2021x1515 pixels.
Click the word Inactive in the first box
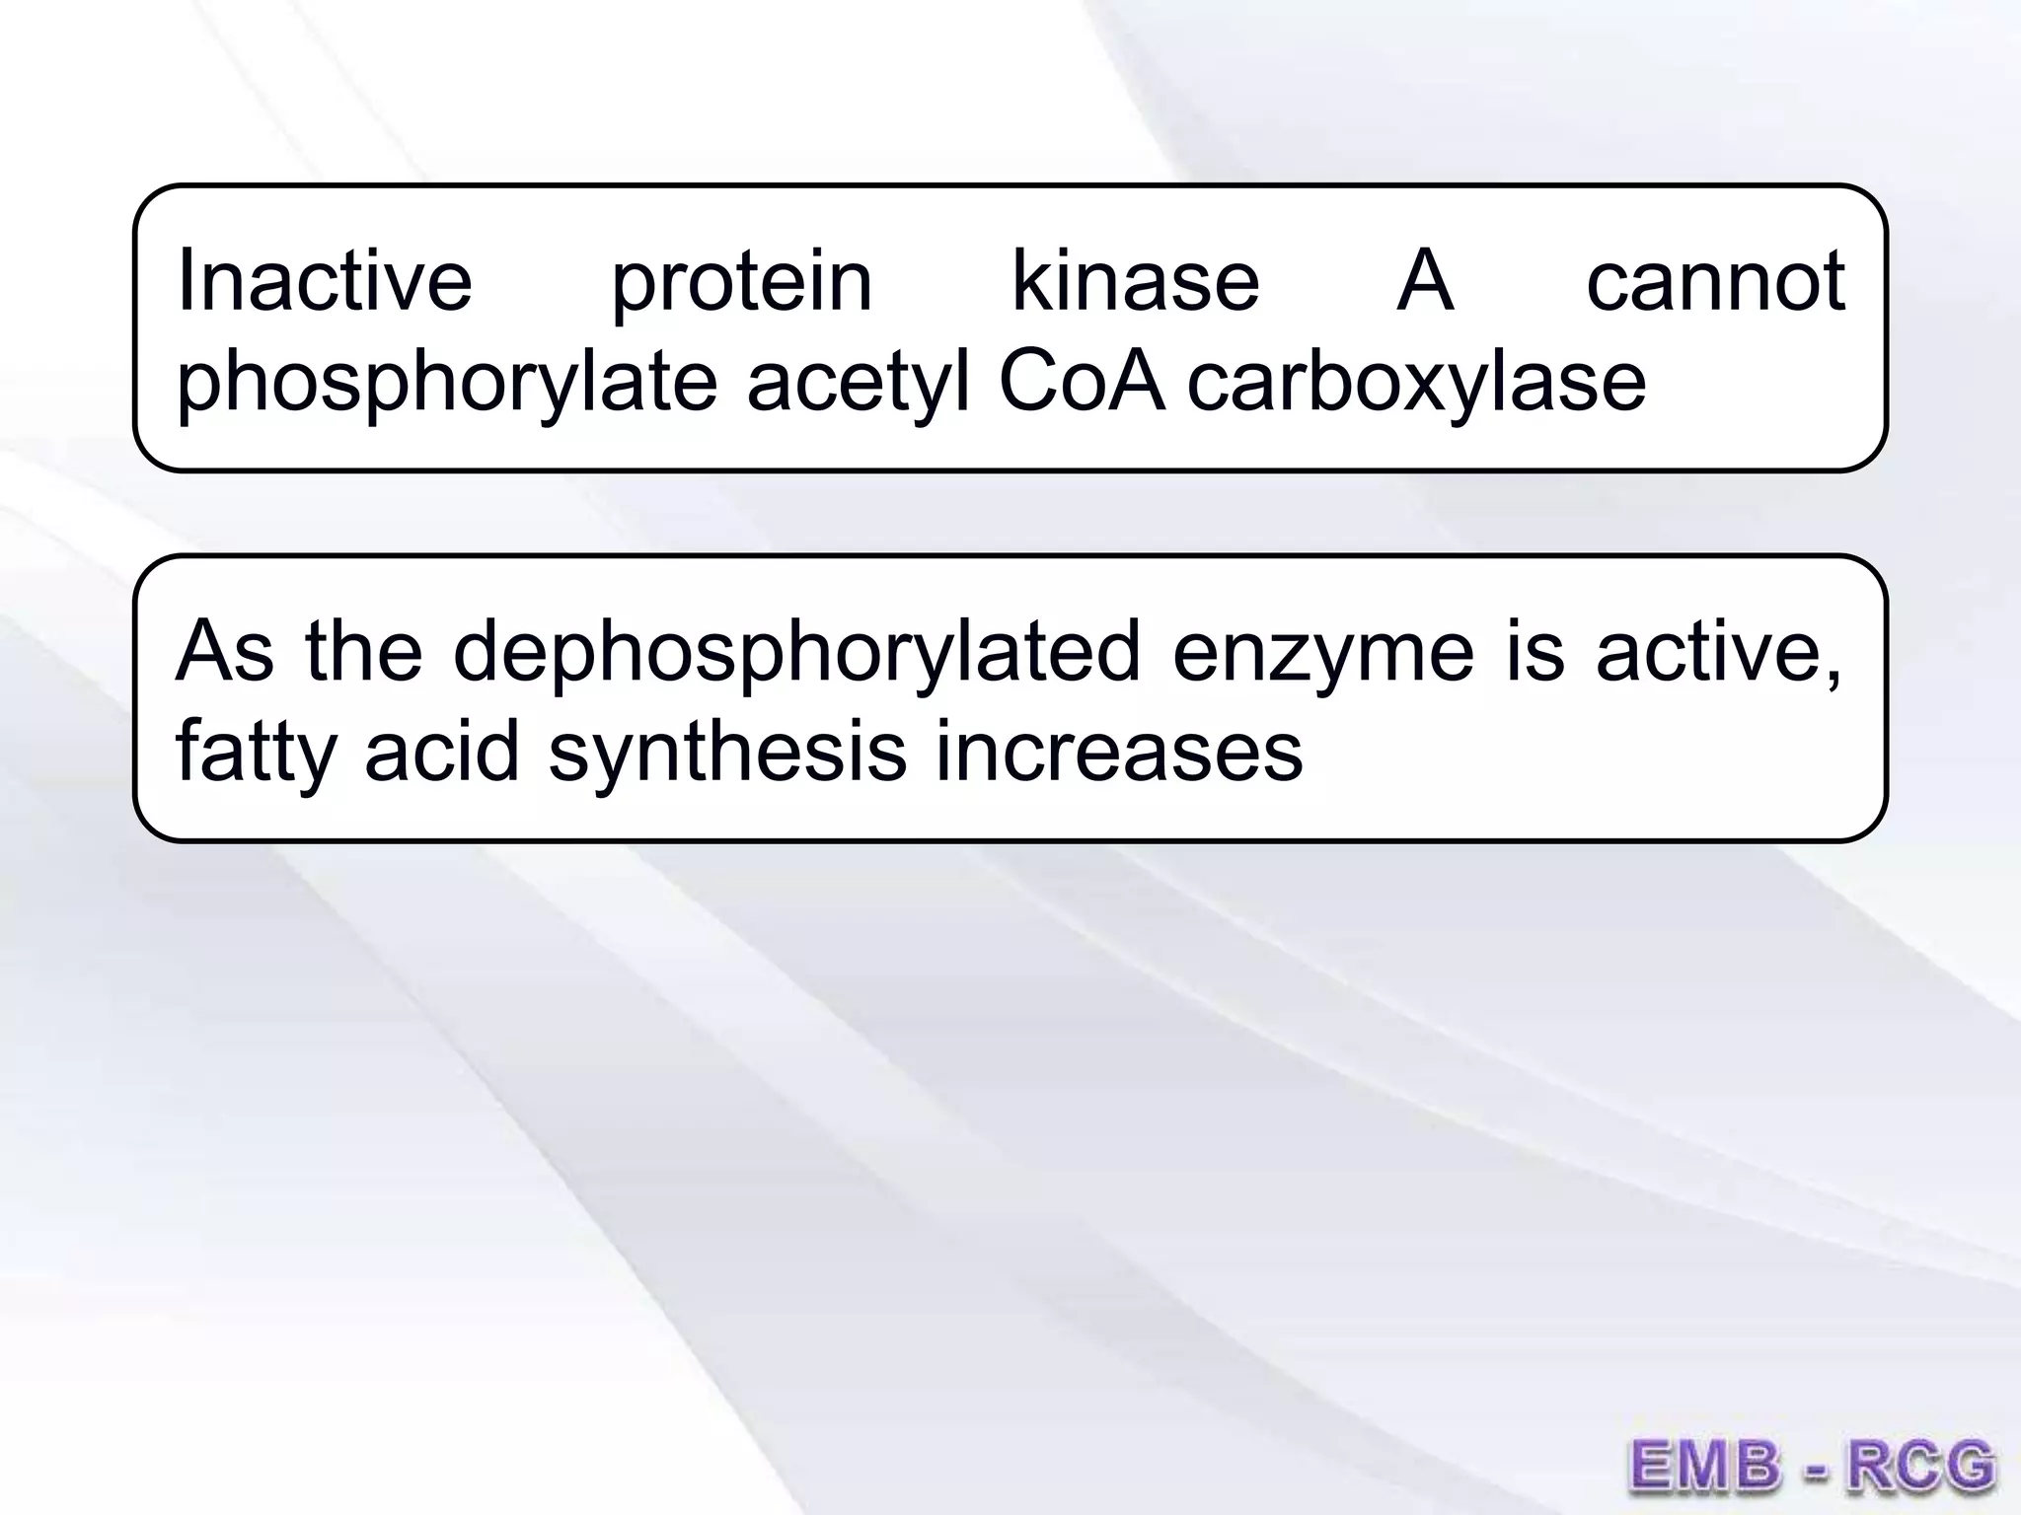click(x=325, y=281)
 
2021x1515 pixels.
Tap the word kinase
click(x=1136, y=281)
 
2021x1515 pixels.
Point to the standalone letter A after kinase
click(x=1425, y=281)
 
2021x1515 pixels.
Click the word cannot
click(x=1716, y=281)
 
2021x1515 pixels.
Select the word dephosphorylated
click(x=796, y=654)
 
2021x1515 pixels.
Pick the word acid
click(x=442, y=752)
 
